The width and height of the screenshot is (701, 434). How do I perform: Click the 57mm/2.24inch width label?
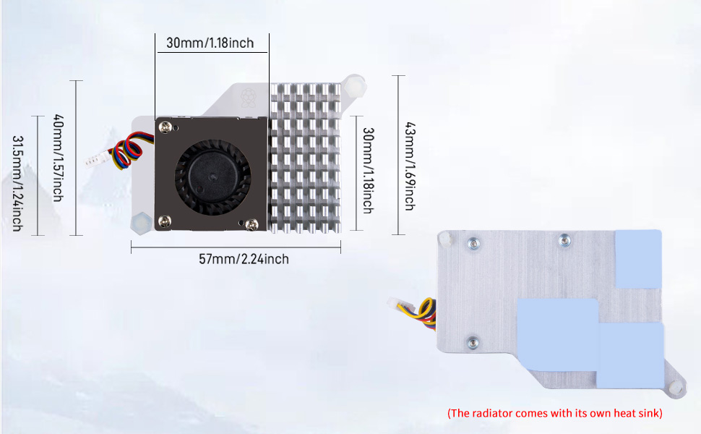pos(244,259)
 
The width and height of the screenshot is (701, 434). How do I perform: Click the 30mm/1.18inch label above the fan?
pos(210,43)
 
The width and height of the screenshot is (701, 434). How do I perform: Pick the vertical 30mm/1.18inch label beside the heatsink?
pos(368,170)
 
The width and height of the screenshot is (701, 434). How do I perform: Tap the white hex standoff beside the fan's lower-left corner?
pos(140,224)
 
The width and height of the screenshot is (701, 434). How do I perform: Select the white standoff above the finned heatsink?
pos(354,85)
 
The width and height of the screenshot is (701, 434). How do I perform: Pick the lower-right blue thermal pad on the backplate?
pos(629,354)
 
